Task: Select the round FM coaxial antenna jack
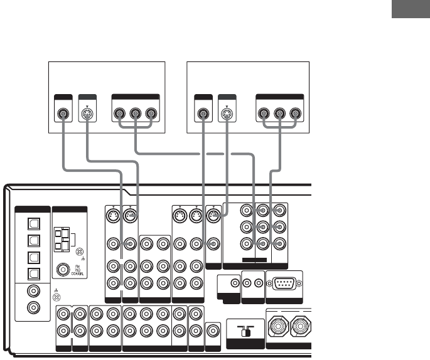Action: (x=63, y=272)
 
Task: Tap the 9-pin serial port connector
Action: (x=284, y=283)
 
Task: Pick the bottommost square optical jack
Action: (x=34, y=273)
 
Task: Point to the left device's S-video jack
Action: (x=86, y=115)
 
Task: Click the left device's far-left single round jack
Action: (x=63, y=115)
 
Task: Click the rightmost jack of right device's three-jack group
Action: (x=294, y=115)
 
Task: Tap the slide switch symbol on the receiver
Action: (x=245, y=333)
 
